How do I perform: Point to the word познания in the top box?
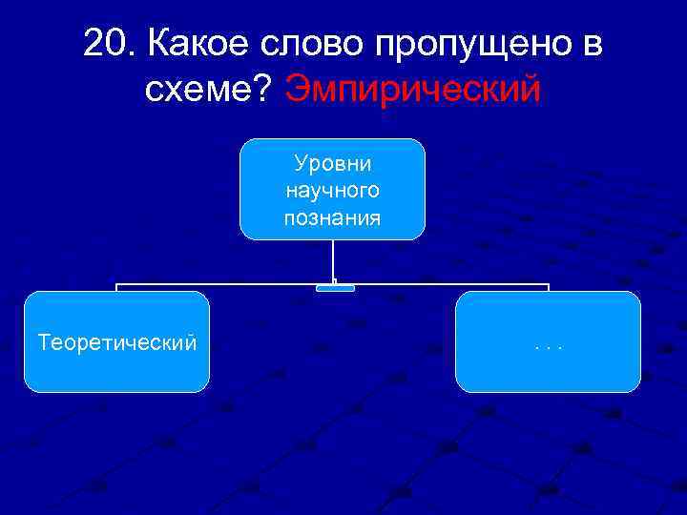332,217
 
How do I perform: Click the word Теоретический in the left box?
117,341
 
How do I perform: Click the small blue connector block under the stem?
335,287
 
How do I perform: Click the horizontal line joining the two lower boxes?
229,284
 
